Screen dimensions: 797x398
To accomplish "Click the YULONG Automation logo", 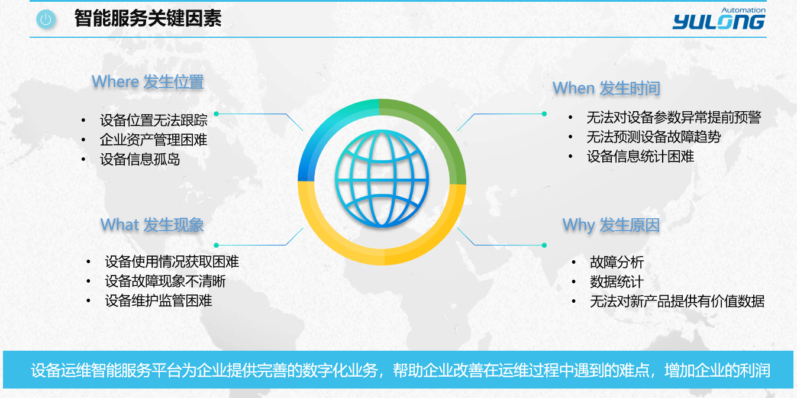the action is click(719, 18).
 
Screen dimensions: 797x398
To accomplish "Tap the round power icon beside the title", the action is click(46, 19).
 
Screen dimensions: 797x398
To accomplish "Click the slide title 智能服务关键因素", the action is click(148, 18).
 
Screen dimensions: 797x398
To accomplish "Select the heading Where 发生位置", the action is click(148, 82).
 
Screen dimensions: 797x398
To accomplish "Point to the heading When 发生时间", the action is click(606, 88).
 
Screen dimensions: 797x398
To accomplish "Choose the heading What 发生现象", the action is click(152, 225).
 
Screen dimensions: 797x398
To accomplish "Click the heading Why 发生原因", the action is click(611, 225).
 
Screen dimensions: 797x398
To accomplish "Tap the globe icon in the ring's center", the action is click(382, 178).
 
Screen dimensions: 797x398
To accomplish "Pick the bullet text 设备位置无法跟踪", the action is click(153, 120).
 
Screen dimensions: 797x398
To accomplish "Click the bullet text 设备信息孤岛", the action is click(140, 159).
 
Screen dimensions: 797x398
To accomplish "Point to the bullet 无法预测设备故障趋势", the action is click(654, 137).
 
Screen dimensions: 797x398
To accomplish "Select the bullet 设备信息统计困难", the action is click(640, 157).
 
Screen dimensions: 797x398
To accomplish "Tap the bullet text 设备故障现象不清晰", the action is click(165, 281).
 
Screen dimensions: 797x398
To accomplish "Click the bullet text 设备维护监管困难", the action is click(159, 301).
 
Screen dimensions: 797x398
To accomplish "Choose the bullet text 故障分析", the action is click(617, 262).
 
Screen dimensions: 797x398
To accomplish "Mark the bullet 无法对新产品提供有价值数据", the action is click(677, 301).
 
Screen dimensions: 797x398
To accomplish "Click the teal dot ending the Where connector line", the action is click(217, 114).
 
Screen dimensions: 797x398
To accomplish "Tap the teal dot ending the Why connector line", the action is click(544, 245).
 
